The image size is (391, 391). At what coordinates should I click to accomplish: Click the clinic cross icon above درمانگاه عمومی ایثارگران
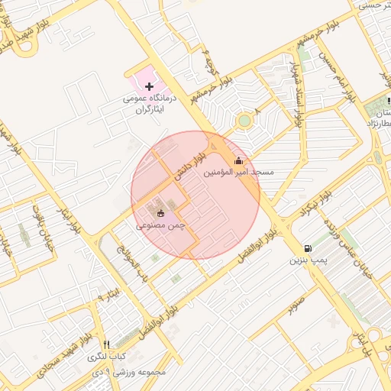coord(149,86)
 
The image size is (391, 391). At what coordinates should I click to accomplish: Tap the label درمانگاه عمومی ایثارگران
coord(150,105)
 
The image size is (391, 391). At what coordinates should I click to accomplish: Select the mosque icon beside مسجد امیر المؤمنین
coord(238,160)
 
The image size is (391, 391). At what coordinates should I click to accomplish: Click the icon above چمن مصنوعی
coord(160,213)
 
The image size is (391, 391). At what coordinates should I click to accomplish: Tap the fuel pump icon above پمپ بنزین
coord(307,248)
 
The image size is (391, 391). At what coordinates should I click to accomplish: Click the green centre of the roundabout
coord(244,121)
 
